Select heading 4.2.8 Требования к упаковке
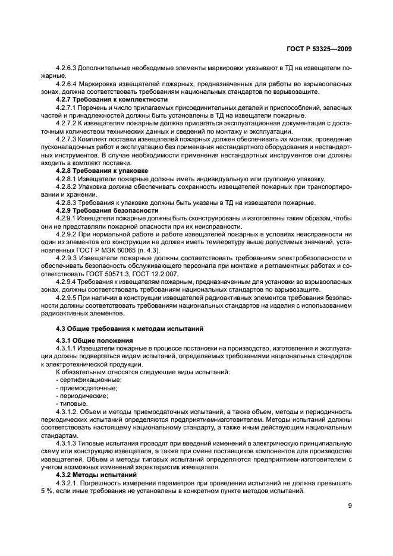tap(93, 170)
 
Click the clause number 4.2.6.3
tap(68, 69)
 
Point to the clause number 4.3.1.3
tap(68, 443)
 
